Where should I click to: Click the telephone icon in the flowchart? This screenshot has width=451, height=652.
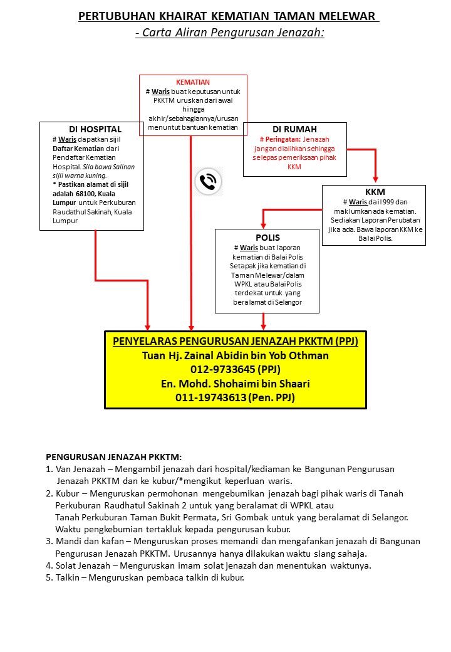click(207, 182)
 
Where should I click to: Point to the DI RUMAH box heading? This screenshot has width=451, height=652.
click(294, 129)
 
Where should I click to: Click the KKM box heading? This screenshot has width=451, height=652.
click(375, 192)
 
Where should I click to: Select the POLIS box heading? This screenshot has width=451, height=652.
click(267, 238)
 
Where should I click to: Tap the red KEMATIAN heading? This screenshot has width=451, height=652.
click(193, 82)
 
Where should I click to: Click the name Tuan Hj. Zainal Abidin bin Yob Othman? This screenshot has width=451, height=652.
click(236, 355)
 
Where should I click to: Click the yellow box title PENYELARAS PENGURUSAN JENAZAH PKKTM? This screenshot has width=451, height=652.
click(236, 341)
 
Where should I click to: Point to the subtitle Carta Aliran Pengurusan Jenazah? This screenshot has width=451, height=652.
click(230, 33)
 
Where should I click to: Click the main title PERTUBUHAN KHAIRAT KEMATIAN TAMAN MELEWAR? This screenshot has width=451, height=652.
click(228, 17)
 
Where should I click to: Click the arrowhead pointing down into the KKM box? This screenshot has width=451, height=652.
click(375, 178)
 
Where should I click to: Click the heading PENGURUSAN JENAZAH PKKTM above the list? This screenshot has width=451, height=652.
click(114, 458)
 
